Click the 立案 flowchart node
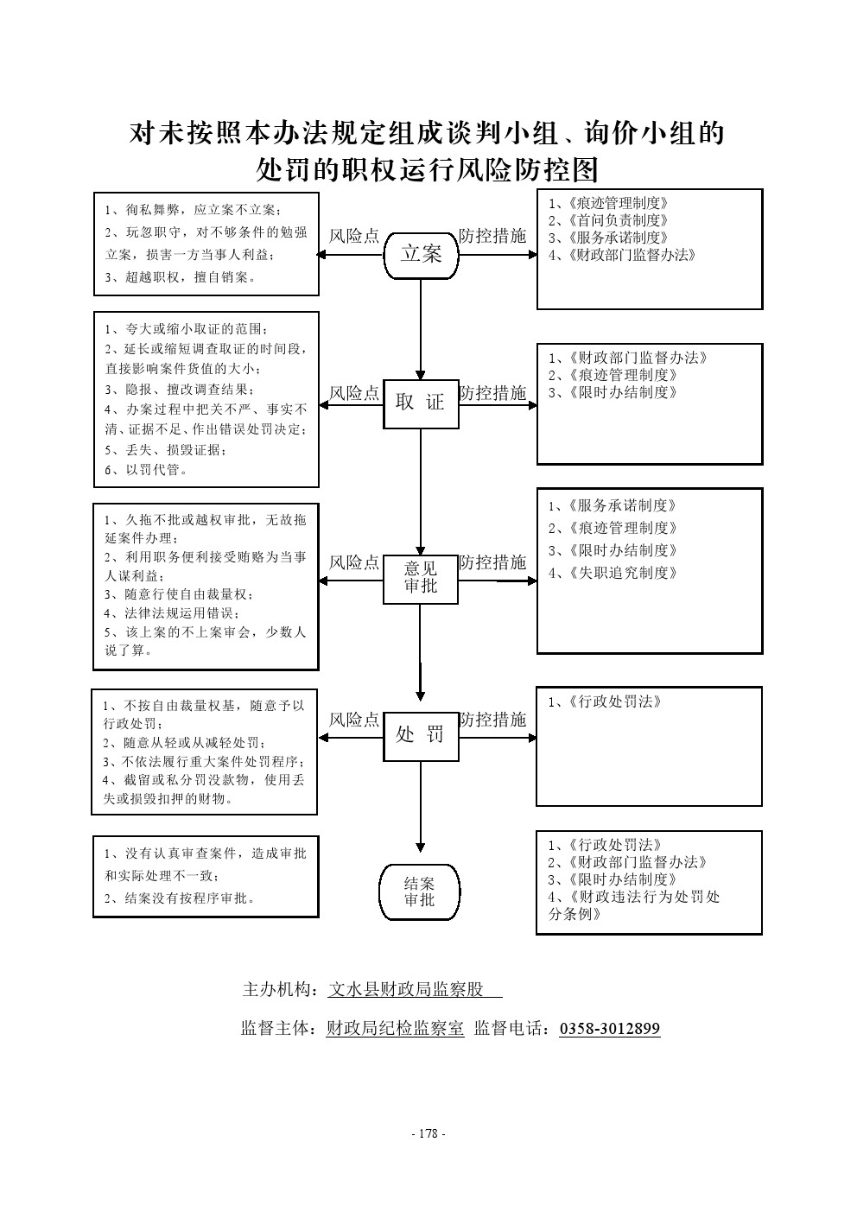click(x=421, y=254)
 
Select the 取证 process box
click(x=421, y=403)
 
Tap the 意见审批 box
click(x=421, y=578)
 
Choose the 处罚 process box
click(x=421, y=735)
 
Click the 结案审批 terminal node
click(x=420, y=892)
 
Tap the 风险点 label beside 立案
click(x=354, y=236)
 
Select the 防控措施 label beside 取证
click(x=492, y=393)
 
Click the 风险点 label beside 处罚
click(x=354, y=720)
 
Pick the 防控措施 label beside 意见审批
click(x=492, y=562)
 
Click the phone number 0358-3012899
click(x=610, y=1029)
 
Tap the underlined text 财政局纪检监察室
click(x=395, y=1029)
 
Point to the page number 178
click(x=428, y=1134)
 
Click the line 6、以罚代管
click(x=146, y=470)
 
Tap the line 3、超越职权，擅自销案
click(x=180, y=277)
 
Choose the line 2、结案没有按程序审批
click(x=180, y=898)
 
